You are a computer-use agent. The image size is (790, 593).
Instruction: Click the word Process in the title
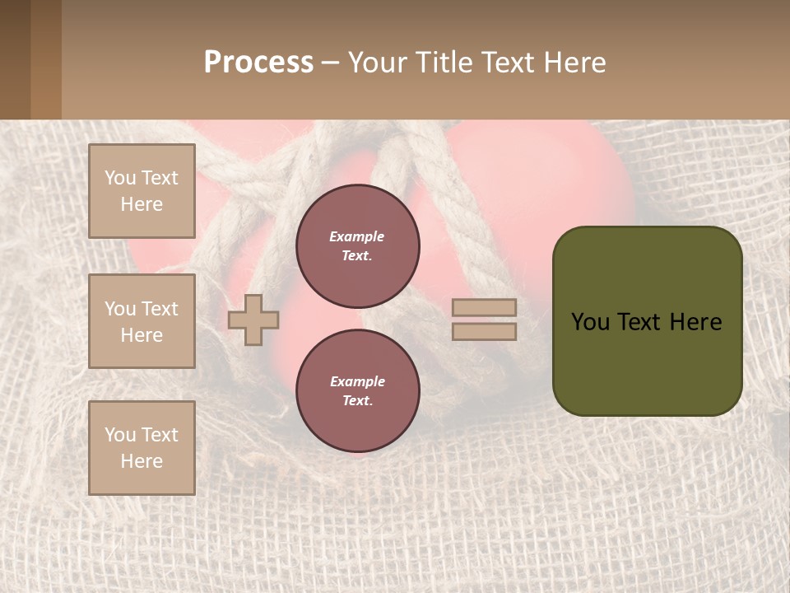click(x=258, y=63)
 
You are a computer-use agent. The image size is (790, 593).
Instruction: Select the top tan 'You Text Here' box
click(x=142, y=191)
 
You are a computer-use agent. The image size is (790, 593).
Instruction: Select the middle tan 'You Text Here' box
click(x=142, y=321)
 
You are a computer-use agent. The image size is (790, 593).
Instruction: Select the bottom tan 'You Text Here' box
click(x=142, y=448)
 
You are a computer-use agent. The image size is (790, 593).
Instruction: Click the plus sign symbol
click(x=253, y=320)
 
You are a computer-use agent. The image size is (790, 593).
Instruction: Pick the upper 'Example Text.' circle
click(x=358, y=246)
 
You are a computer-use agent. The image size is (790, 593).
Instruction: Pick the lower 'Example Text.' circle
click(x=358, y=391)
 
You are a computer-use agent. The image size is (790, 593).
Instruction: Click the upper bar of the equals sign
click(x=485, y=308)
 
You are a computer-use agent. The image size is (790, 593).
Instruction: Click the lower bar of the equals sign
click(x=485, y=331)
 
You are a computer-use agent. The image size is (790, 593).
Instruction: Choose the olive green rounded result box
click(x=647, y=362)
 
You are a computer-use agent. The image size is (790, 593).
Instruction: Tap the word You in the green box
click(x=589, y=322)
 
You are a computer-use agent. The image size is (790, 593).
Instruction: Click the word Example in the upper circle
click(x=357, y=236)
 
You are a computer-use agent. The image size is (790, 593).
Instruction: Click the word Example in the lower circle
click(x=357, y=381)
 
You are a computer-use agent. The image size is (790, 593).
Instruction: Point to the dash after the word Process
click(x=330, y=63)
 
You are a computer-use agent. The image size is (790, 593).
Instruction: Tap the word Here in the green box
click(x=696, y=322)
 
